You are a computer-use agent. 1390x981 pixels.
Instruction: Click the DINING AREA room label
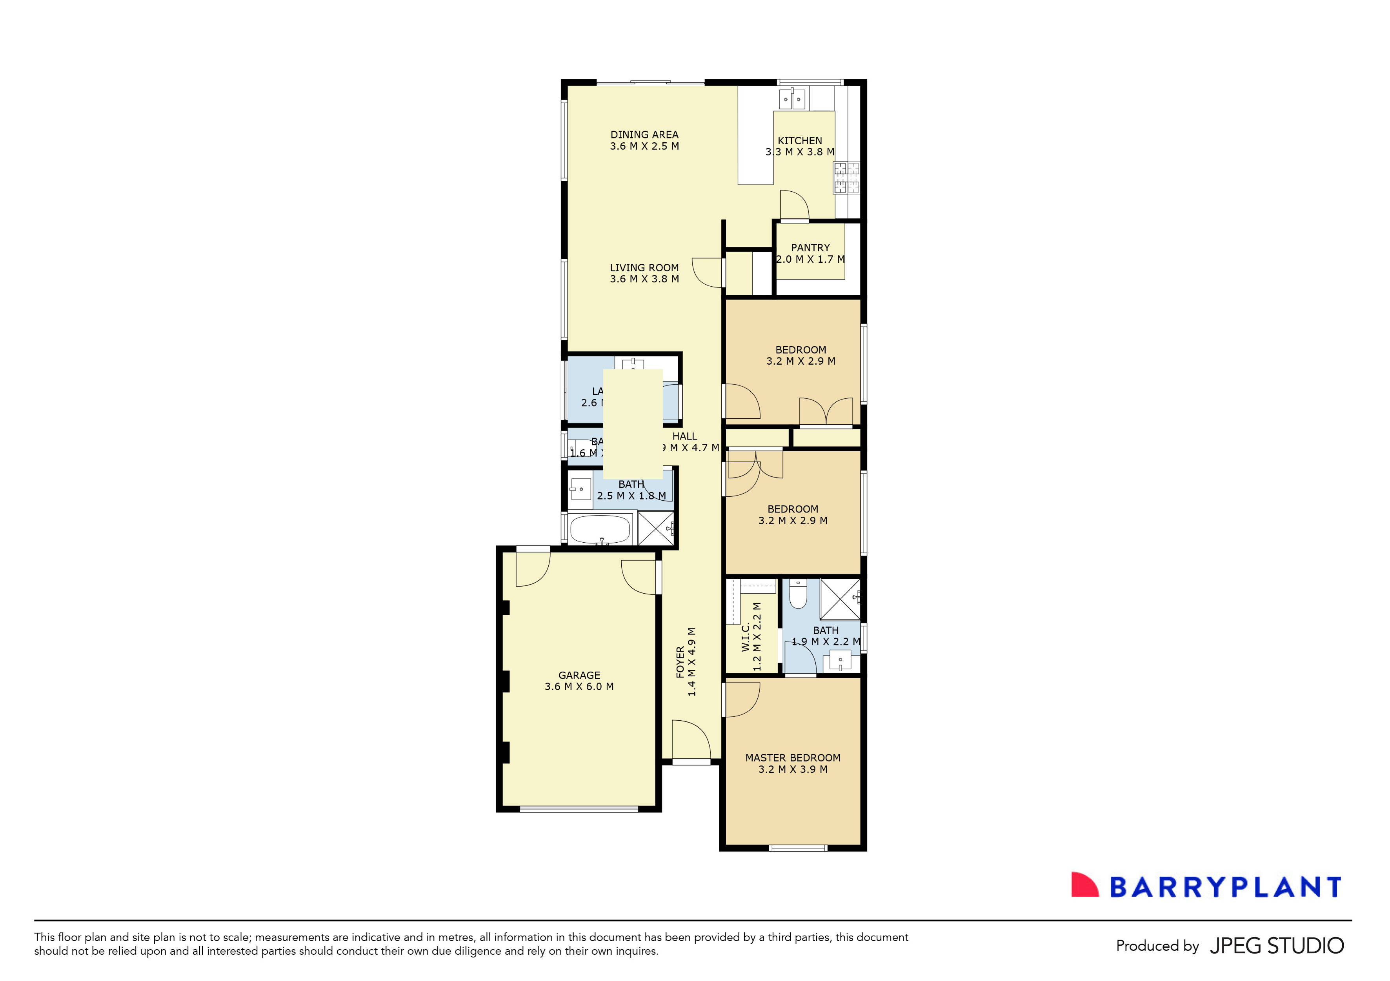coord(644,135)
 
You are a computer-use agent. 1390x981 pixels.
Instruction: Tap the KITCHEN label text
coord(800,140)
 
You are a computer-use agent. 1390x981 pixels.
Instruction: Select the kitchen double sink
coord(792,99)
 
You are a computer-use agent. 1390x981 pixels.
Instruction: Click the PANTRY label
coord(810,247)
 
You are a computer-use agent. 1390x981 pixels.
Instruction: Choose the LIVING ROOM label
coord(644,267)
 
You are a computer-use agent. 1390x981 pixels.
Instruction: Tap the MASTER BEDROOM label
coord(793,758)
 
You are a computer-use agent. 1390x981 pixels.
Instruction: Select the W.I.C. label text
coord(746,637)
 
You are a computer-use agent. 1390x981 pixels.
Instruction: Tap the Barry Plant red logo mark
coord(1084,885)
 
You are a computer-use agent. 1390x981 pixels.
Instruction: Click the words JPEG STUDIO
coord(1277,945)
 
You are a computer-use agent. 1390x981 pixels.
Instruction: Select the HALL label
coord(685,436)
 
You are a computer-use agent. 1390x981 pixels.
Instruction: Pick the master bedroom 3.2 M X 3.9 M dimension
coord(793,769)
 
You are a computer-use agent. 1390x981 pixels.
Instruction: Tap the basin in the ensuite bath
coord(840,660)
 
